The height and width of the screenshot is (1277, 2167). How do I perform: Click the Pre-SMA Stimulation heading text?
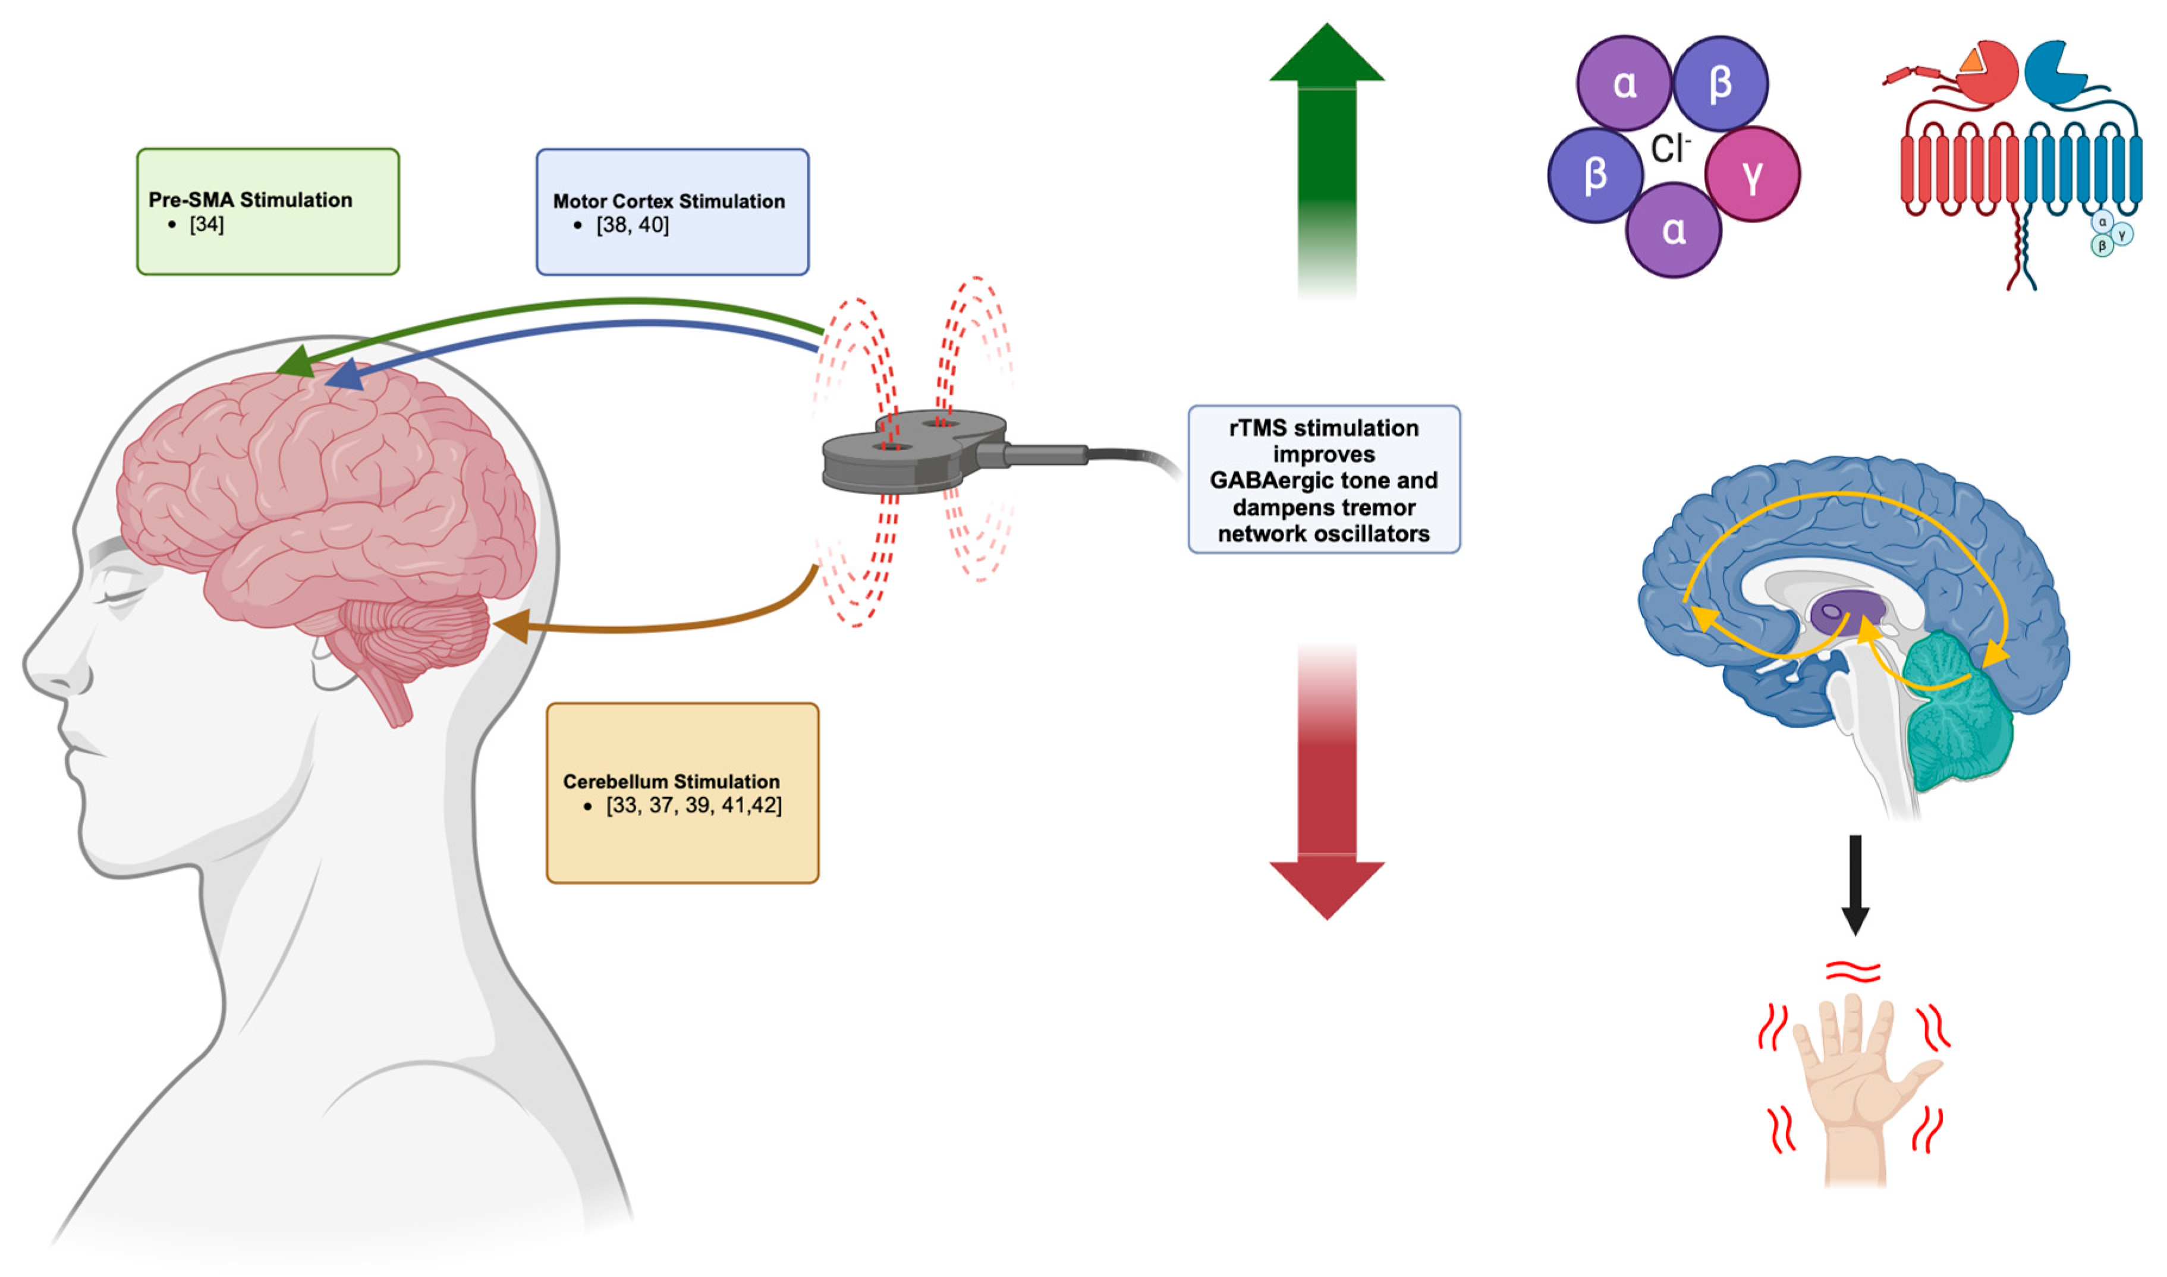point(250,200)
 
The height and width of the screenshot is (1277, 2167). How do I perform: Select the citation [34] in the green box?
point(206,225)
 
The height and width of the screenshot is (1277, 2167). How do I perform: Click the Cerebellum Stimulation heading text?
point(671,781)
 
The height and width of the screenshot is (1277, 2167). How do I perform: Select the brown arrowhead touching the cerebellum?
point(509,627)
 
